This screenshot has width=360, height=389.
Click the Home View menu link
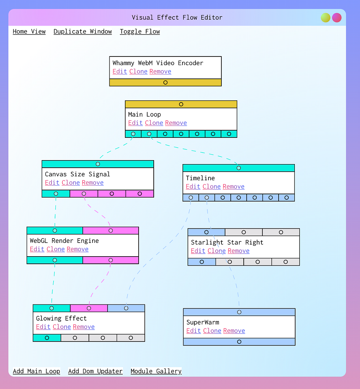[29, 32]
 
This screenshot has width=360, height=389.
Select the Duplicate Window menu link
[82, 32]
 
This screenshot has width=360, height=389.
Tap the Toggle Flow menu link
[140, 32]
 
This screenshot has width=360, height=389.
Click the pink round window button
[337, 18]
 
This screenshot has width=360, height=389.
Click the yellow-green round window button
[325, 18]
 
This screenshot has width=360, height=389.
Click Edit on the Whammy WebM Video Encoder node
[120, 71]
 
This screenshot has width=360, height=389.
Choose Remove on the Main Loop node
[176, 123]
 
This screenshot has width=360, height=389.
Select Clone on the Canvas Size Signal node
[71, 182]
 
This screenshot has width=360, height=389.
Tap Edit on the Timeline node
[193, 186]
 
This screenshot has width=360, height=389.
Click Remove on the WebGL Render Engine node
[77, 249]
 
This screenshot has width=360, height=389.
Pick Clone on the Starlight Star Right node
[216, 251]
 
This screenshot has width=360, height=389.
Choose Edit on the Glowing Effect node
[43, 327]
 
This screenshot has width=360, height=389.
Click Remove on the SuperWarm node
[234, 331]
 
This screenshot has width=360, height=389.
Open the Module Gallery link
[156, 371]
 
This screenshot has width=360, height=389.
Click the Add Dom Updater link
[95, 371]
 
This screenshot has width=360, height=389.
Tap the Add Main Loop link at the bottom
[36, 371]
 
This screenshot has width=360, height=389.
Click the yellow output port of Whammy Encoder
[165, 82]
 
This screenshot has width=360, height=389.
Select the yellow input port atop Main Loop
[181, 104]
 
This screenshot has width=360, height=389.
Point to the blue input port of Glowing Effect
[126, 308]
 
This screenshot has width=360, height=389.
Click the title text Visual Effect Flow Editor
[177, 17]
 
